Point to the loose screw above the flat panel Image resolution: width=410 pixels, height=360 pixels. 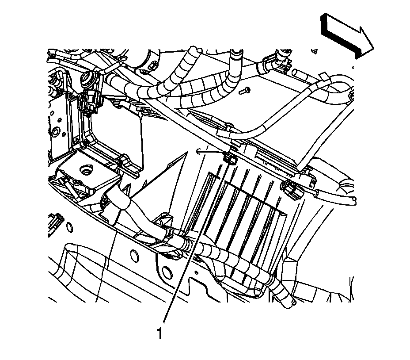(245, 91)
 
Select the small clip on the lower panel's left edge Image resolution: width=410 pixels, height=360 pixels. (56, 219)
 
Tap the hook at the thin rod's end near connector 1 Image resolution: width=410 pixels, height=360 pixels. (199, 150)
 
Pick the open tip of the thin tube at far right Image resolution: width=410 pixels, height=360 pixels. (353, 201)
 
